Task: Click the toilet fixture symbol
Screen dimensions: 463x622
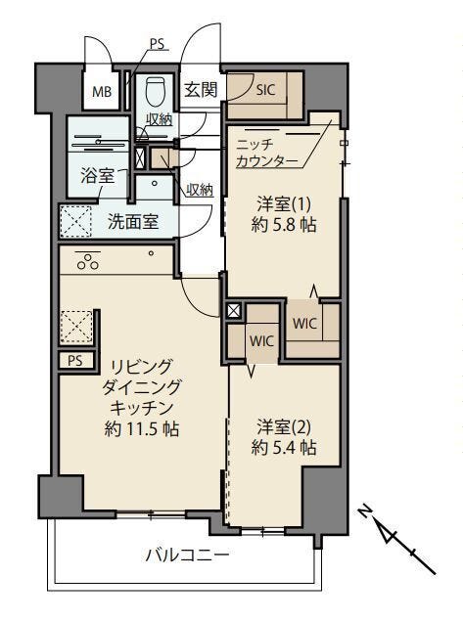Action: pyautogui.click(x=154, y=91)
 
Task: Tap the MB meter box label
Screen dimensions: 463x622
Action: pyautogui.click(x=102, y=92)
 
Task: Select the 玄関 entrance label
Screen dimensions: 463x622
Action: pyautogui.click(x=201, y=90)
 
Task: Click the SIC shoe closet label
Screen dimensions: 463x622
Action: pyautogui.click(x=265, y=90)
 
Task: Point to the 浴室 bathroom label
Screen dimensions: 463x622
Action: pyautogui.click(x=98, y=175)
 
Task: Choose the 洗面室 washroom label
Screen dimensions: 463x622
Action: pyautogui.click(x=133, y=222)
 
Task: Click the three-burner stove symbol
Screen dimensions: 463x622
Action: pyautogui.click(x=88, y=262)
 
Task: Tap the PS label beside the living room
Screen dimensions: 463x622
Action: pyautogui.click(x=75, y=361)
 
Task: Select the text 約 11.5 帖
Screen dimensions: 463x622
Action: pyautogui.click(x=141, y=428)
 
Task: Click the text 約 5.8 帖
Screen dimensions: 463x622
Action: pyautogui.click(x=284, y=225)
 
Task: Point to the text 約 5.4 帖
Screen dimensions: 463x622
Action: pyautogui.click(x=284, y=448)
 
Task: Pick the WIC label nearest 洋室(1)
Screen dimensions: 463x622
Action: pyautogui.click(x=305, y=324)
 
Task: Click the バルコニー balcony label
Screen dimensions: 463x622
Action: pyautogui.click(x=187, y=555)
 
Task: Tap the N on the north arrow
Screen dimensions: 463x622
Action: pyautogui.click(x=364, y=511)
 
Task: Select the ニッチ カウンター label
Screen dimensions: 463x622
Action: pyautogui.click(x=266, y=153)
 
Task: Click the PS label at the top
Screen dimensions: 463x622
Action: pyautogui.click(x=158, y=44)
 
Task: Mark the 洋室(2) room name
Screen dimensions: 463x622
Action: pyautogui.click(x=284, y=426)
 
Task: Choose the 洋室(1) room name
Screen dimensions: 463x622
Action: pyautogui.click(x=284, y=204)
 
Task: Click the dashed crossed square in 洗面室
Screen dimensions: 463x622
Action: pyautogui.click(x=75, y=221)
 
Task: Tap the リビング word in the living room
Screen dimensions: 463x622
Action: pyautogui.click(x=141, y=367)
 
